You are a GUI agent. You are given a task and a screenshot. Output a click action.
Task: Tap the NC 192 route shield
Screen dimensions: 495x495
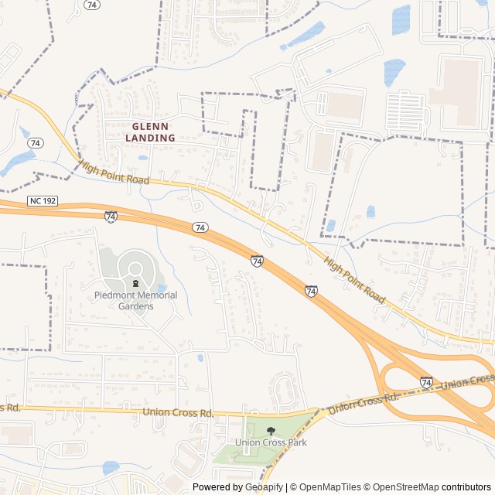point(44,201)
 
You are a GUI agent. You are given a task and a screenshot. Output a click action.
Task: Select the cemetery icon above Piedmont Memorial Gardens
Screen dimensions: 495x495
point(136,283)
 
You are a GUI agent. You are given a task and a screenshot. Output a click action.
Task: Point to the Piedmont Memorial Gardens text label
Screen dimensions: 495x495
point(135,300)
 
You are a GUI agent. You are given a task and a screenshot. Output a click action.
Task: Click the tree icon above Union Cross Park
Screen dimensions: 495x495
point(271,431)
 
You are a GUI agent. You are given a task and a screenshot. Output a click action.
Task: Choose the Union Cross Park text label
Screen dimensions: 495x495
point(271,443)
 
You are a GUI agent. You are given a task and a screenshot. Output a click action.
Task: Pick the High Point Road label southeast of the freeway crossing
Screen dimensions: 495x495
point(355,279)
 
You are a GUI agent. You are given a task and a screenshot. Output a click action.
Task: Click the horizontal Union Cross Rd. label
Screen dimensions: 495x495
point(178,412)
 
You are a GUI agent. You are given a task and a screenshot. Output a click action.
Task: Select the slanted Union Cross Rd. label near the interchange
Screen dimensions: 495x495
point(363,401)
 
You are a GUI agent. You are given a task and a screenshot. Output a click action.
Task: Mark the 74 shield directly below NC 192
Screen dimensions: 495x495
point(111,217)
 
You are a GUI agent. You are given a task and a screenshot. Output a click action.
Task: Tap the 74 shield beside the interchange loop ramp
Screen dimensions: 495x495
point(426,382)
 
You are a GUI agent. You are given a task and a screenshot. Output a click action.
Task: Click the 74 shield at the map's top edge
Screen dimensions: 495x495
point(93,5)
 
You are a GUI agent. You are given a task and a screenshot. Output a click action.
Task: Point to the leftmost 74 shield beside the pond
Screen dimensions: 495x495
point(35,144)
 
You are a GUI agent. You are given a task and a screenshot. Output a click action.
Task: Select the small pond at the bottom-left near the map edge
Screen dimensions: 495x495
point(111,467)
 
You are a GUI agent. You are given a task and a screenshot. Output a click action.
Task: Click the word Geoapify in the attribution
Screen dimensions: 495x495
point(264,487)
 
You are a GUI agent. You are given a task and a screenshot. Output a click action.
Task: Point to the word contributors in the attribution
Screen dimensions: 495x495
point(466,487)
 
